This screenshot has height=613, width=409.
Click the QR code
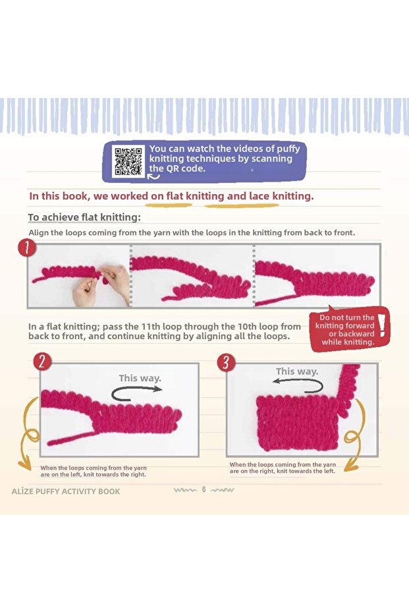128,161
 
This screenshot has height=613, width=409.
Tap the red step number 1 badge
26,248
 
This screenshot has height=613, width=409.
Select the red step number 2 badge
42,361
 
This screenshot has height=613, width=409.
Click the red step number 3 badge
226,362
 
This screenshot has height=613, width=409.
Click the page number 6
204,489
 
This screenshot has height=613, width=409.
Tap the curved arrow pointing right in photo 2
136,393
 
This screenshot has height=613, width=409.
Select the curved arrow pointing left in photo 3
298,386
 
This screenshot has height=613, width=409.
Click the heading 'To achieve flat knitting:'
84,217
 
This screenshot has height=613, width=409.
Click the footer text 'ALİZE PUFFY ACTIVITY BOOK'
66,491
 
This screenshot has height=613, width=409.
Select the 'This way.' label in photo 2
140,378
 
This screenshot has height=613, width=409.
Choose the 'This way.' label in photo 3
297,371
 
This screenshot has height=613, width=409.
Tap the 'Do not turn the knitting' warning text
345,330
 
